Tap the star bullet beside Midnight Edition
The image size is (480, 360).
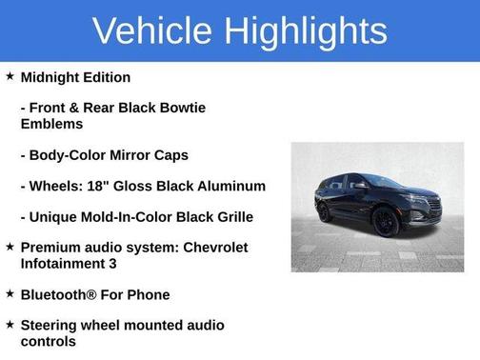9,76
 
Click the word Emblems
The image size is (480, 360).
51,124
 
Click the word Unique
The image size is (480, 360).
54,217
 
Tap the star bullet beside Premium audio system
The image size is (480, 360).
9,247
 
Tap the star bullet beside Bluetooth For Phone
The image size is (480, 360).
9,293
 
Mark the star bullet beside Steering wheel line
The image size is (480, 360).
9,325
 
